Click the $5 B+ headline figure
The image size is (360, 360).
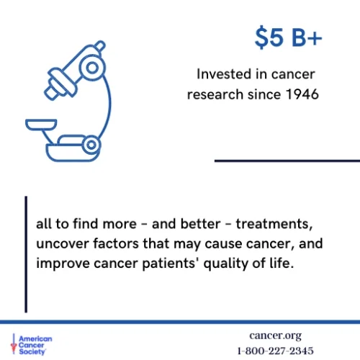tap(289, 37)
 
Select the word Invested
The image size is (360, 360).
tap(224, 74)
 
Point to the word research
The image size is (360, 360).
tap(216, 94)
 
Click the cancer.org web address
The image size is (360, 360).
tap(274, 336)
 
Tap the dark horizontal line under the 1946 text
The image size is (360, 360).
tap(287, 161)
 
